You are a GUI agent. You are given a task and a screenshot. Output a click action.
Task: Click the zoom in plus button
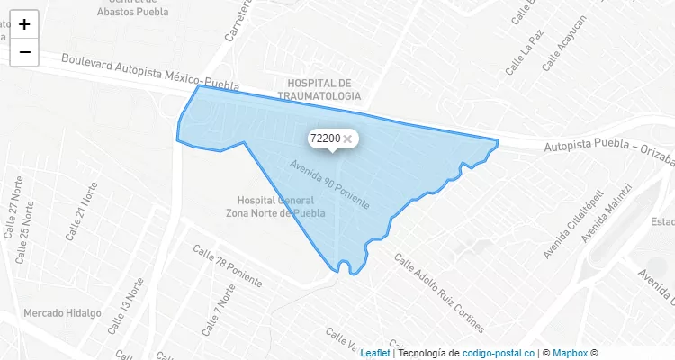click(24, 24)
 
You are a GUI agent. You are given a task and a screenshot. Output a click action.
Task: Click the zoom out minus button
click(24, 52)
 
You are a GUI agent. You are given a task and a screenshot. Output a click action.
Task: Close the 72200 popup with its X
click(347, 139)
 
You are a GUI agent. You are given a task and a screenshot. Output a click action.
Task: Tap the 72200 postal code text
click(324, 139)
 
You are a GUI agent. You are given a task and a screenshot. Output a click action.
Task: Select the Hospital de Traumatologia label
click(319, 88)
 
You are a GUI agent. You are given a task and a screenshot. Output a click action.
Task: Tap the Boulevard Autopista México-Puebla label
click(150, 73)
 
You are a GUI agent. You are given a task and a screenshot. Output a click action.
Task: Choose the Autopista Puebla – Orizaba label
click(608, 154)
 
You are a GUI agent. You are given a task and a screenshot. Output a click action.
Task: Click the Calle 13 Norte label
click(126, 305)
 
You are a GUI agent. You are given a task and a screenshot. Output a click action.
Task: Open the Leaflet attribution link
click(375, 353)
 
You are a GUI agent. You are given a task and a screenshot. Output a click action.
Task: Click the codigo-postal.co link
click(498, 353)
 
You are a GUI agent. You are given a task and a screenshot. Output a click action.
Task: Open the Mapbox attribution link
click(570, 353)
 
